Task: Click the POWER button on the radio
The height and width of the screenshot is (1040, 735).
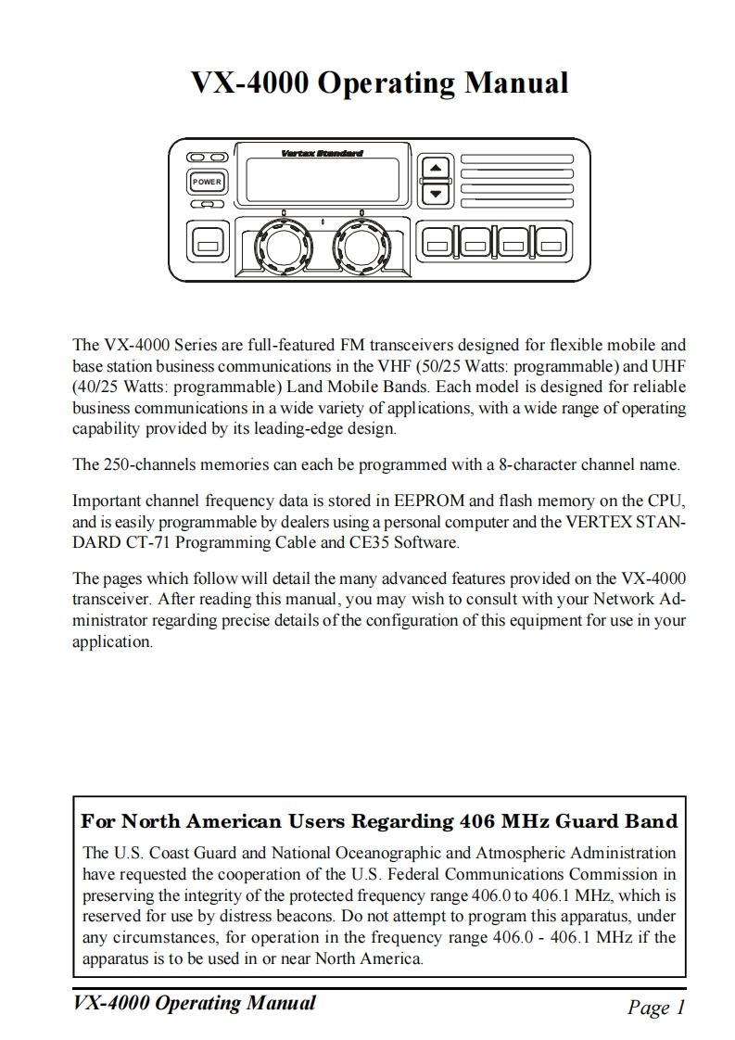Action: [x=207, y=182]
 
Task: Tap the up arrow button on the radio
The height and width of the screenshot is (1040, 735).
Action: [x=435, y=168]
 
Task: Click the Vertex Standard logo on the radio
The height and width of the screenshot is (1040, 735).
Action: [x=322, y=153]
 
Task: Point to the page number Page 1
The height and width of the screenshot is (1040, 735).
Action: [x=655, y=1008]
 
